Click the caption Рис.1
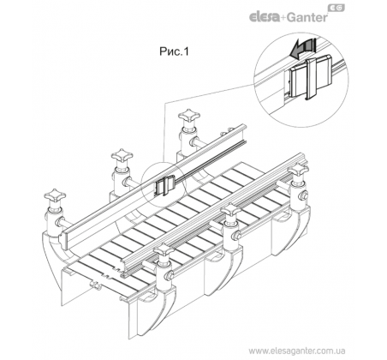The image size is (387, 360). coord(174,51)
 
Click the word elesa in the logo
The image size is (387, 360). coord(265,17)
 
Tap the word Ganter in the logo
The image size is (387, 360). coord(307,17)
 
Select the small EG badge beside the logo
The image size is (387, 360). coord(336,8)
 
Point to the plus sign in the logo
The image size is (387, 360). coord(283,18)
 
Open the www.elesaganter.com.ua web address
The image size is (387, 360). coord(296,351)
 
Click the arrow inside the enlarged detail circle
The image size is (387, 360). coord(301,49)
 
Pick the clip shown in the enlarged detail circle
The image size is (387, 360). coord(311,77)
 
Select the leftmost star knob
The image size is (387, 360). coord(55,196)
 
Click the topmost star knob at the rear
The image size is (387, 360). coord(189,116)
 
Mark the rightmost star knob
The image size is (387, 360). coord(298,170)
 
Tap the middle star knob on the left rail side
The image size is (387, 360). coord(122,156)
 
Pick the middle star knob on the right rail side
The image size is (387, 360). coord(231,210)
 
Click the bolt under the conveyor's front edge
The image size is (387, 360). coord(96,285)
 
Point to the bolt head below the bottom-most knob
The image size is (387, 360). coord(169,275)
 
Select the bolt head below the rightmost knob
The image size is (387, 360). coord(304,195)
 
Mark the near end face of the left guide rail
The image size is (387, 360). coord(65,239)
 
